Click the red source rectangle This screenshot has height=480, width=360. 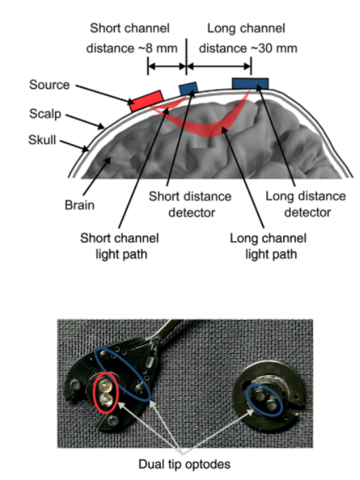(x=146, y=101)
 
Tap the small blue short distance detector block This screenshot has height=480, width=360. (x=188, y=89)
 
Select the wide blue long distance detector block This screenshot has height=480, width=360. (x=250, y=84)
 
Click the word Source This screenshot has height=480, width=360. (x=49, y=85)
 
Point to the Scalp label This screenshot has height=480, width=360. (x=45, y=114)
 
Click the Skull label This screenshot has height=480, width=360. (x=42, y=140)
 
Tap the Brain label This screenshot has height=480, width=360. (x=79, y=205)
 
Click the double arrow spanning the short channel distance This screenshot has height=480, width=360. (x=167, y=66)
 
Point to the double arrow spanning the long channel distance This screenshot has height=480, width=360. (x=219, y=66)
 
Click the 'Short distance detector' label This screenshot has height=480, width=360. (x=190, y=204)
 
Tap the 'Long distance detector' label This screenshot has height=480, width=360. (x=306, y=204)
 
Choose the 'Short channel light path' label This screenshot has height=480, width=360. (x=120, y=246)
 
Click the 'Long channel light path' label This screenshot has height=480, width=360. (x=268, y=246)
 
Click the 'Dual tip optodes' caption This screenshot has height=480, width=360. (x=185, y=464)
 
